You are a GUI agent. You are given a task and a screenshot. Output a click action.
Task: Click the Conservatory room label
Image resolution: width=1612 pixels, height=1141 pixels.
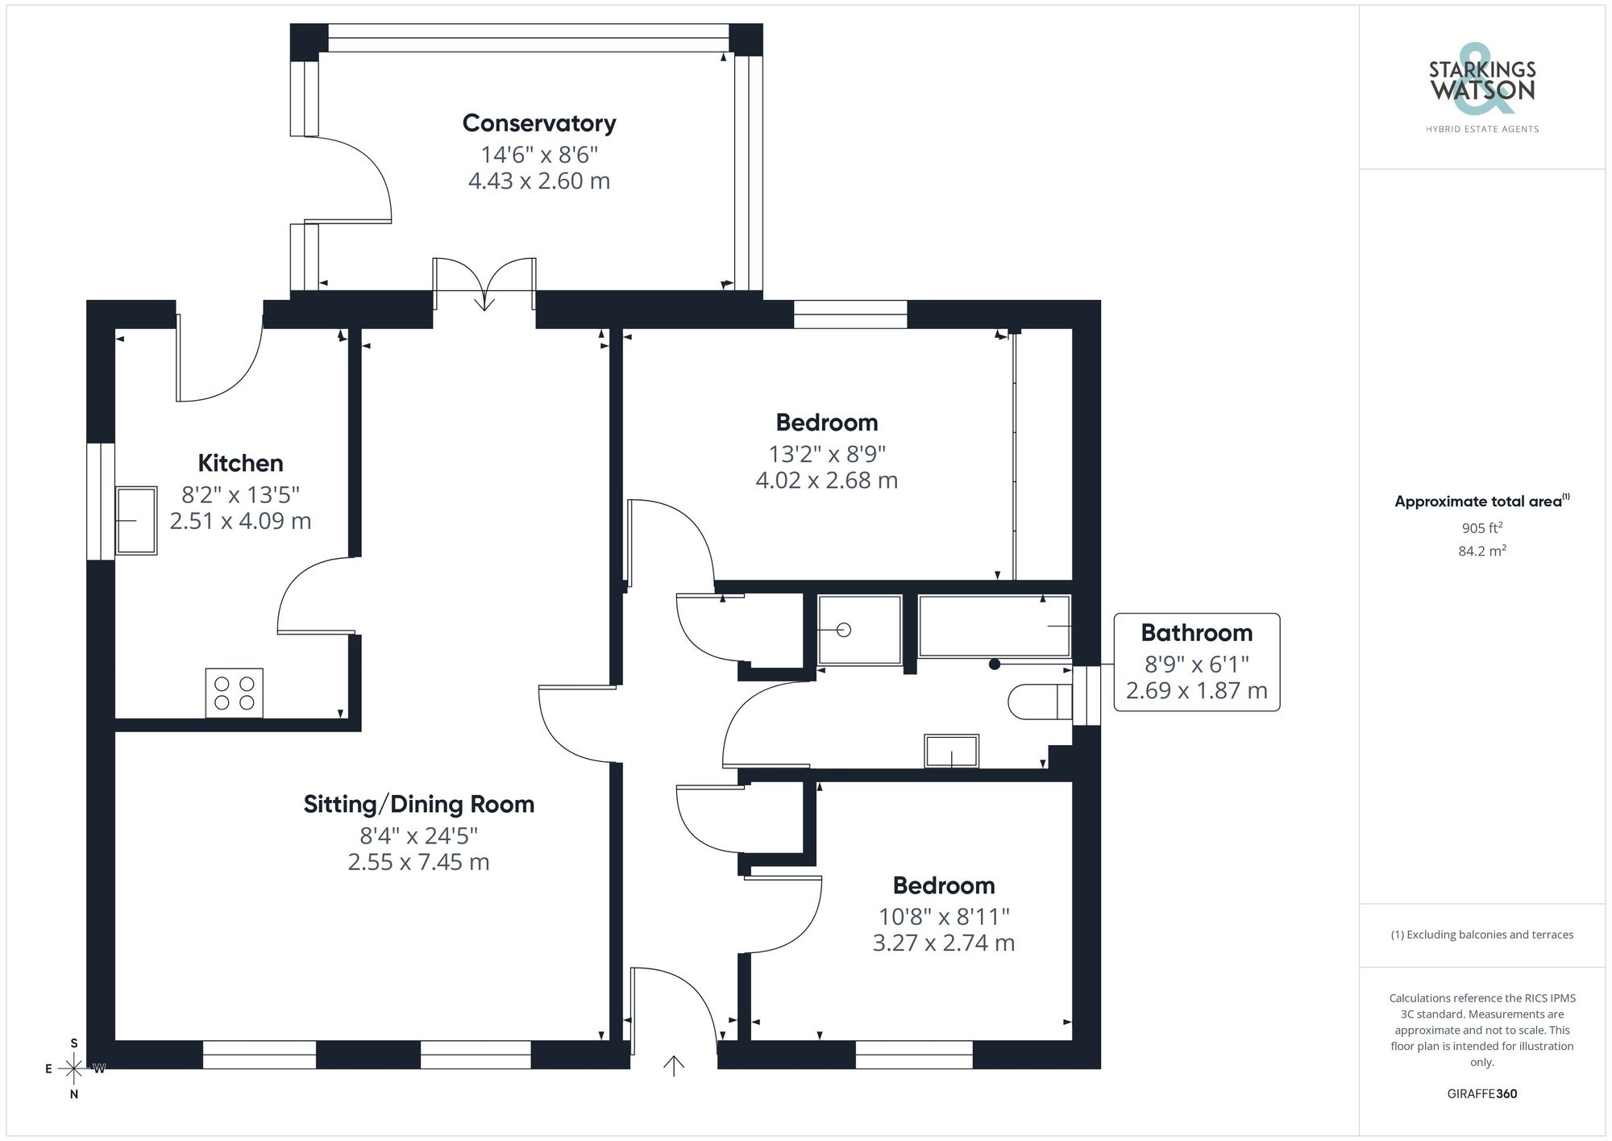tap(539, 123)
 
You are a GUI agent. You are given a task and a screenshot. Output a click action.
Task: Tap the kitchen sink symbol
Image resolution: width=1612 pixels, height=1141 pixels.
tap(135, 520)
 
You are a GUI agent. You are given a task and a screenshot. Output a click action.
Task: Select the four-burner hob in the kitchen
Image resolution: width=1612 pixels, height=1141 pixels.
tap(234, 693)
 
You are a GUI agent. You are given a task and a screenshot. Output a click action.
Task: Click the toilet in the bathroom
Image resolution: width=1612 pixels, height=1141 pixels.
tap(1039, 702)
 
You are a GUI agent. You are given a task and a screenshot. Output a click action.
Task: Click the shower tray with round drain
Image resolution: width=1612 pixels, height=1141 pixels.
tap(859, 630)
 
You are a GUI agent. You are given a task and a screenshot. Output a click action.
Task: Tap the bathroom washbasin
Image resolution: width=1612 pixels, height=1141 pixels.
tap(952, 751)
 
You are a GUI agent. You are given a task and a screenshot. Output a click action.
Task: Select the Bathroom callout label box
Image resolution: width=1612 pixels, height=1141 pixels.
tap(1196, 662)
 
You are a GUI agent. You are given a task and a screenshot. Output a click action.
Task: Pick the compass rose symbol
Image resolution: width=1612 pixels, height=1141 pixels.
tap(73, 1069)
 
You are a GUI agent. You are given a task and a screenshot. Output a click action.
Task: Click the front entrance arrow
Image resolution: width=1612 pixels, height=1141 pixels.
tap(673, 1065)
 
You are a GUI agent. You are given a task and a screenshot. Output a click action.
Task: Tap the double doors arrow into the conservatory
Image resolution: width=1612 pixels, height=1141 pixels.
tap(484, 299)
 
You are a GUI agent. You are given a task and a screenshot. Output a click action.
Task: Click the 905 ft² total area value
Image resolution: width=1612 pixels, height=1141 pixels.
tap(1481, 528)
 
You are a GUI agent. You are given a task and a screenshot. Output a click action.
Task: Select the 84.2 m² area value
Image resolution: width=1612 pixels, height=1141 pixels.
tap(1481, 552)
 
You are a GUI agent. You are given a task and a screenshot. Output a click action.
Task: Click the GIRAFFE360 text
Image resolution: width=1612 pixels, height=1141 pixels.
tap(1481, 1093)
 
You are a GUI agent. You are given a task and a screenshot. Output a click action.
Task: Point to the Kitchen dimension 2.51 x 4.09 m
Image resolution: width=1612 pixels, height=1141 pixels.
tap(240, 521)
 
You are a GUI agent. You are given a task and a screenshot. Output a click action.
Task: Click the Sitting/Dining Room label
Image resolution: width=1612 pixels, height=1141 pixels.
tap(418, 804)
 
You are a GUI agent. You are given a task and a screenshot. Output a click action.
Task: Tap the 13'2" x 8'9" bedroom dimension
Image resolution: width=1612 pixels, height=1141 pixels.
tap(826, 454)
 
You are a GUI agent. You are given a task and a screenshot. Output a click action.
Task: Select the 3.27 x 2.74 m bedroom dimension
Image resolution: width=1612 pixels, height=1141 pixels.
tap(943, 943)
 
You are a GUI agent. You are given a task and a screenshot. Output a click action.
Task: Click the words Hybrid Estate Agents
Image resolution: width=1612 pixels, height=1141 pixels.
tap(1481, 129)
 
